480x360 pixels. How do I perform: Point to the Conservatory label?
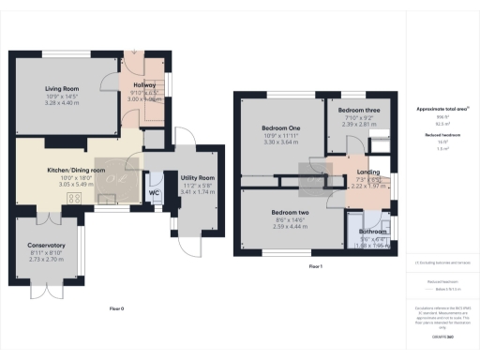click(x=46, y=245)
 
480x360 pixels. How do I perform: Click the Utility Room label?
click(x=198, y=176)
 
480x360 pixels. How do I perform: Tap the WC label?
click(x=153, y=193)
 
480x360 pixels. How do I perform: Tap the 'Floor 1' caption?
click(x=316, y=267)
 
